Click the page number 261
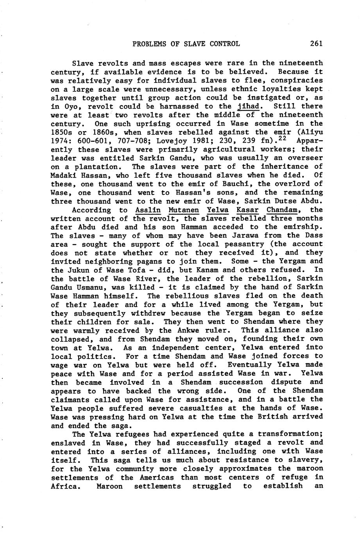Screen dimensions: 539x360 tap(316, 44)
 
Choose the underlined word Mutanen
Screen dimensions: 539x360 tap(183, 210)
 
